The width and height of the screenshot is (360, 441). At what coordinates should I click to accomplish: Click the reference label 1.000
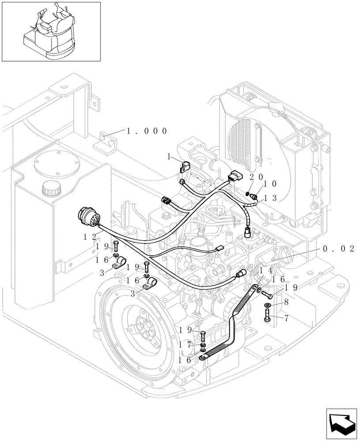[146, 131]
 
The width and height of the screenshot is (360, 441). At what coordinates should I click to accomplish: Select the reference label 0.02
[338, 249]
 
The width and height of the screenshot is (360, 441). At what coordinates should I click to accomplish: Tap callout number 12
[90, 237]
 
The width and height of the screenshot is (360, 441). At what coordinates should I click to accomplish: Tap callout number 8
[286, 303]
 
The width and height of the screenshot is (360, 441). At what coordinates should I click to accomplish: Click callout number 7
[286, 317]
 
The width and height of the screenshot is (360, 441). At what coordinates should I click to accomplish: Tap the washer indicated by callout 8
[269, 305]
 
